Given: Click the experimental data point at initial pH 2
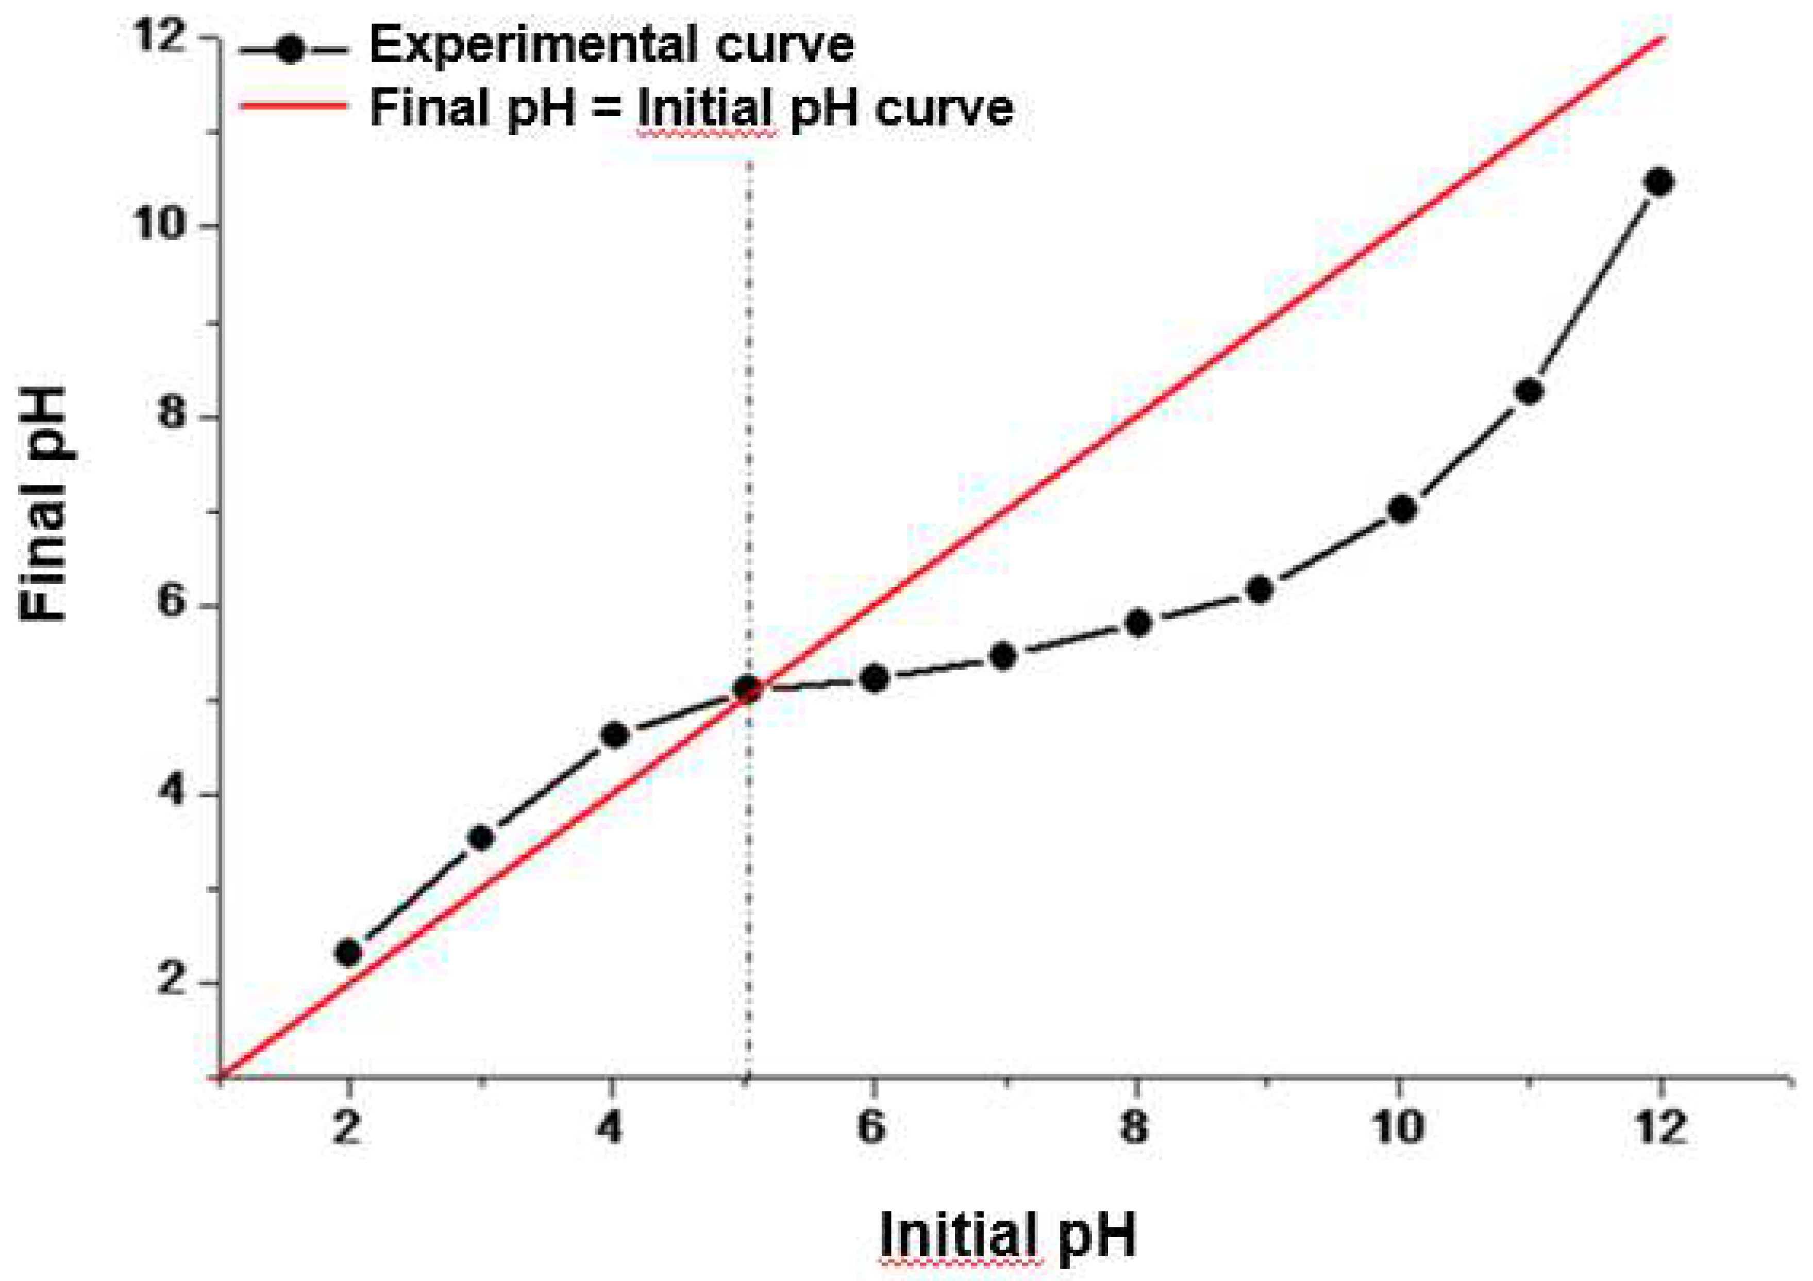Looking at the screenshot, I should (348, 953).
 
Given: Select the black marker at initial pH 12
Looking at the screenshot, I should (1660, 182).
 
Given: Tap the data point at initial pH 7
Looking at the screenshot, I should (1003, 656).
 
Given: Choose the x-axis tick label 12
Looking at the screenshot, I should (1660, 1127).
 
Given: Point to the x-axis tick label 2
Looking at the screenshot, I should (347, 1127).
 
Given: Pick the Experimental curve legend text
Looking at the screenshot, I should (612, 45).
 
